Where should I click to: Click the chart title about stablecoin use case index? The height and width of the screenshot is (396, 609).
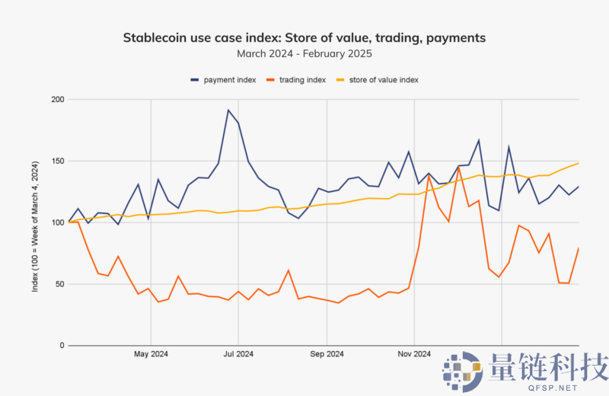304,37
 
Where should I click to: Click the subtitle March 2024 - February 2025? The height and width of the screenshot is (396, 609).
304,53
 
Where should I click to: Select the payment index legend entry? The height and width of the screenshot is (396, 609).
222,79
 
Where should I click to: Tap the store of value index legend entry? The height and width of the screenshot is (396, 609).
384,79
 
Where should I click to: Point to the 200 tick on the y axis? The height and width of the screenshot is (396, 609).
57,100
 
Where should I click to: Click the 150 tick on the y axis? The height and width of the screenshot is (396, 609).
57,161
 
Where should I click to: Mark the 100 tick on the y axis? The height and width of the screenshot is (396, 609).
57,222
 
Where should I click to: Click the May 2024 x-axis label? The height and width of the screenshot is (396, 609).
151,353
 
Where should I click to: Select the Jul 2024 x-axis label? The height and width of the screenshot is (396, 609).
238,353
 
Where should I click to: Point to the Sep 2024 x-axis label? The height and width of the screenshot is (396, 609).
327,353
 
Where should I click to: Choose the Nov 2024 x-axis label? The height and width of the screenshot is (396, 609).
414,353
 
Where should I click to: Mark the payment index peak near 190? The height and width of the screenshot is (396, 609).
228,110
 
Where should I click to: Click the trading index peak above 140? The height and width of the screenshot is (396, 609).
459,168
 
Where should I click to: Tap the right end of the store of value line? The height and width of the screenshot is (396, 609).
579,163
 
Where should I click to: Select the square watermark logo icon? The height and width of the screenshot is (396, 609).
463,371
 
